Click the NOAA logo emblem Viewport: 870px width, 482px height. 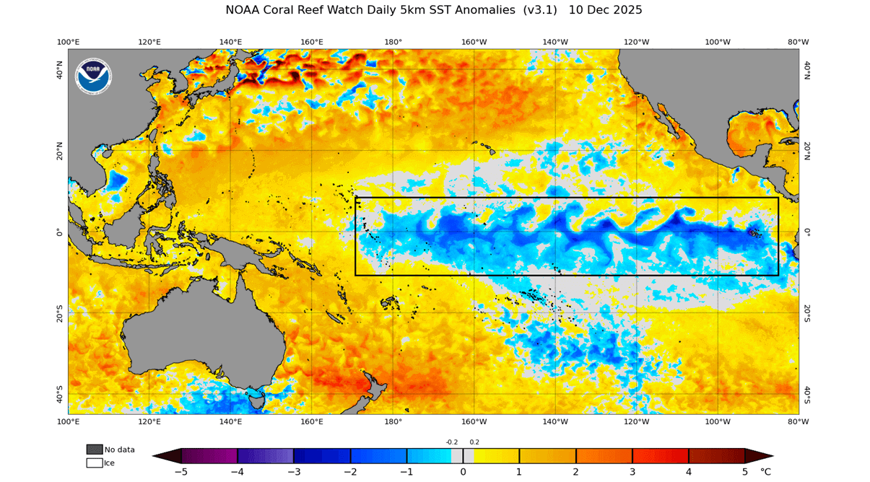(94, 76)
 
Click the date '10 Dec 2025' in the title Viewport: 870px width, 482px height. (605, 10)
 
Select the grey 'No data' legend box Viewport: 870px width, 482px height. (95, 450)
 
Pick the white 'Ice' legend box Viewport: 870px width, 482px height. (95, 463)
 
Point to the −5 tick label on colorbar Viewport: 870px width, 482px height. (181, 472)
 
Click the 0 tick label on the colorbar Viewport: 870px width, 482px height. (463, 472)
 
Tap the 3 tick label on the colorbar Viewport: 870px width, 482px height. (632, 472)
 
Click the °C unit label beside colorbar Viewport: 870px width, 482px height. (765, 472)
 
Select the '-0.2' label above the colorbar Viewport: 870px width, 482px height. (451, 442)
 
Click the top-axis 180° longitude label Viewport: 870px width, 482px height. (393, 42)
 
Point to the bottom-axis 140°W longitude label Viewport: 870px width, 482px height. (555, 421)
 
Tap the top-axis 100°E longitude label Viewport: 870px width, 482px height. (68, 42)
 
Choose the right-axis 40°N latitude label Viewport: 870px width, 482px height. (807, 69)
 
